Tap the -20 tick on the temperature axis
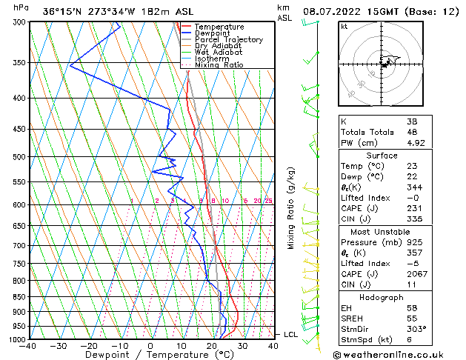(89, 345)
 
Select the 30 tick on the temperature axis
(243, 345)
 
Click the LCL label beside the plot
(291, 335)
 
